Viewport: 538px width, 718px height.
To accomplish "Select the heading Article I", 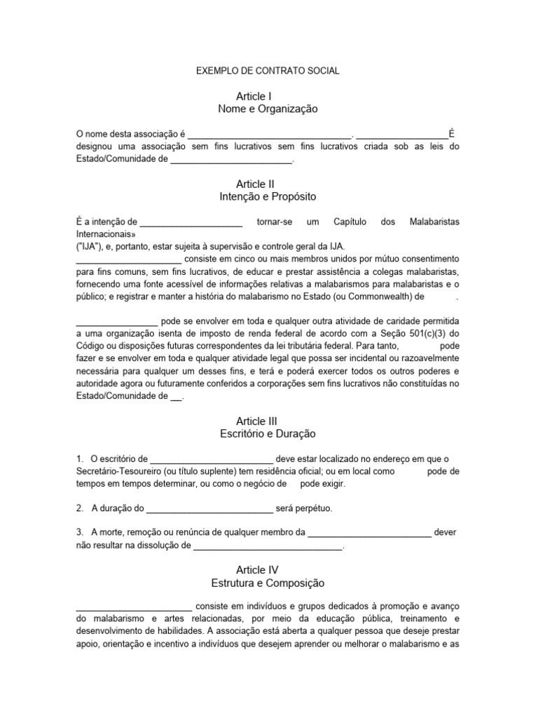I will [x=254, y=96].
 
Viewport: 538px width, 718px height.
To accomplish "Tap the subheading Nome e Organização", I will [x=268, y=109].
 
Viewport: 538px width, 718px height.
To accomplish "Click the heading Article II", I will [x=256, y=184].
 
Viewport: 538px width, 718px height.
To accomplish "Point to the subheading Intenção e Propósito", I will [x=268, y=197].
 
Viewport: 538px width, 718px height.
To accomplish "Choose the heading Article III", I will [x=257, y=421].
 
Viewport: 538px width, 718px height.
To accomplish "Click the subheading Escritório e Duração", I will [x=268, y=434].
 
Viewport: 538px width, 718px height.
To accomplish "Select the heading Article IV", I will [x=257, y=570].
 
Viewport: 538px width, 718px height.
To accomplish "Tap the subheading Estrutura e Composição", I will [x=268, y=583].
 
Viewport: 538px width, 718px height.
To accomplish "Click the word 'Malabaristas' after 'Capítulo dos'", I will [x=434, y=222].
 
